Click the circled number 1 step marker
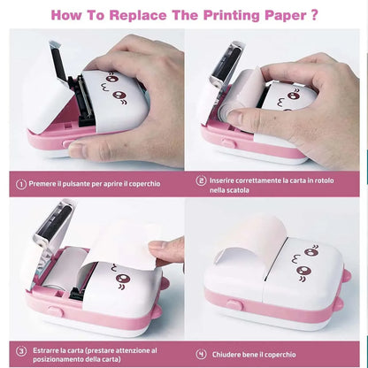click(21, 184)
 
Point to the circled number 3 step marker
click(21, 352)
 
